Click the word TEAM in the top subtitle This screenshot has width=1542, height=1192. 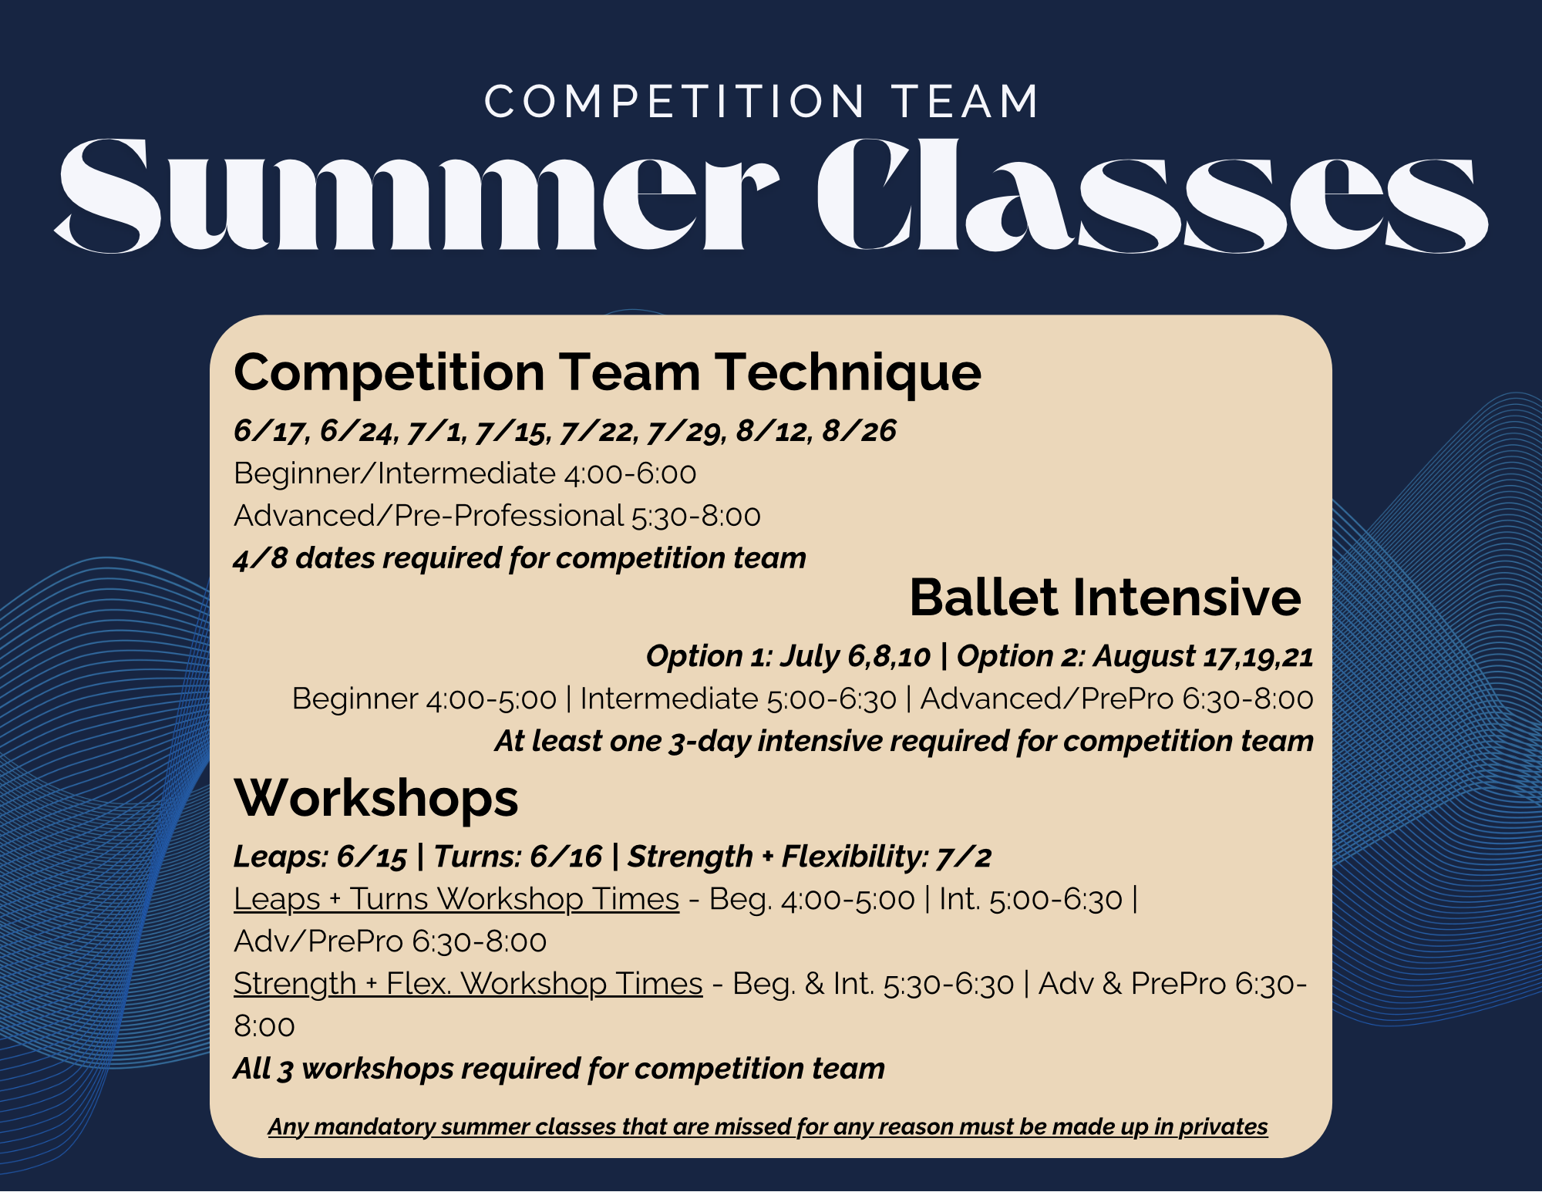coord(965,102)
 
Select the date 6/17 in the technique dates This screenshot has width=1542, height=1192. coord(268,431)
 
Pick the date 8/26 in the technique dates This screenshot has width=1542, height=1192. coord(859,431)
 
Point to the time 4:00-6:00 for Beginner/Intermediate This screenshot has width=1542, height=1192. coord(630,473)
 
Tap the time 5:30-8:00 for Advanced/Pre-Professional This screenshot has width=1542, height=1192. coord(696,516)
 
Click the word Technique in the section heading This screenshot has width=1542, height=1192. coord(847,373)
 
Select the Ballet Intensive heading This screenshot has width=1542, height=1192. coord(1105,598)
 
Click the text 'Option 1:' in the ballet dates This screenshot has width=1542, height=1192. coord(709,656)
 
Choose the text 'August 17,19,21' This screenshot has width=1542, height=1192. coord(1203,656)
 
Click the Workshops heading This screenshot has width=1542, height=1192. coord(376,798)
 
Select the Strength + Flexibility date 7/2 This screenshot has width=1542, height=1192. coord(964,857)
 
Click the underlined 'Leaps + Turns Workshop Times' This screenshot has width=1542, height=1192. coord(456,899)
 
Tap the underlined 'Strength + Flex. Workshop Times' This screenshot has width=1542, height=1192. coord(468,984)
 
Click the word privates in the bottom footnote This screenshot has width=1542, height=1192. coord(1223,1126)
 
